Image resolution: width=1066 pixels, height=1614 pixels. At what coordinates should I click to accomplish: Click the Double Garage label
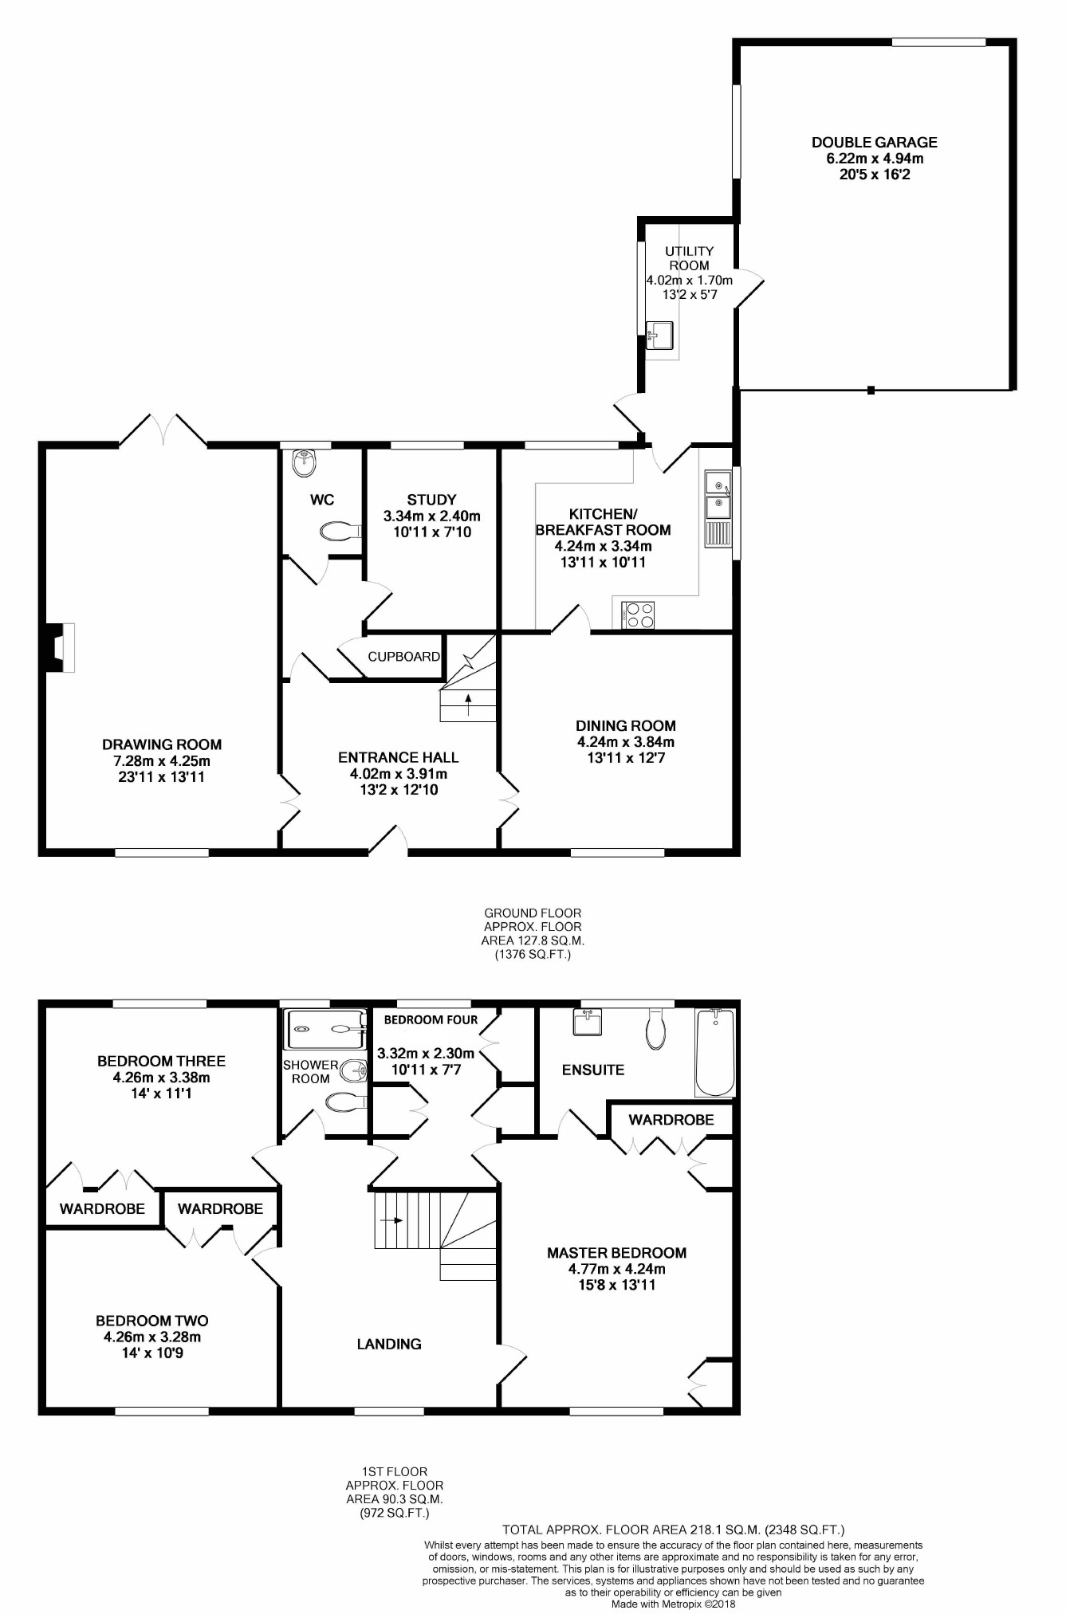coord(874,143)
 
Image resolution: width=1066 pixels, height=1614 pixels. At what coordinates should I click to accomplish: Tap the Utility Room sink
coord(660,334)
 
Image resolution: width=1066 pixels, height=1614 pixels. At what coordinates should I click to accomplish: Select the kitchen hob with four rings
coord(638,615)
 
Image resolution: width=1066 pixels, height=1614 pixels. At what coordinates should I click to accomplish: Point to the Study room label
coord(431,500)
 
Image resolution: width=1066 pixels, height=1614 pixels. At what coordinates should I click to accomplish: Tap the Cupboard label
coord(403,657)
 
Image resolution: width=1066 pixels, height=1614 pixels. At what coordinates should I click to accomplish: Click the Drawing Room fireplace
coord(61,646)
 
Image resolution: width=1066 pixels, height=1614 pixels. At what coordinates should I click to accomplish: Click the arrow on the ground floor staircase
coord(468,701)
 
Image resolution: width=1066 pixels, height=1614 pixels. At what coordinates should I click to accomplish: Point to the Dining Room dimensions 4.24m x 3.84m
coord(626,742)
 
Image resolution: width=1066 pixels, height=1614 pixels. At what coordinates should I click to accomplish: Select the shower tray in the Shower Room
coord(324,1029)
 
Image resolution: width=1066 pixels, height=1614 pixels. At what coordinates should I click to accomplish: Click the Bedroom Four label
coord(431,1019)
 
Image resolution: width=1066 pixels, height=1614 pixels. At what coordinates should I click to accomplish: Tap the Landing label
coord(389,1344)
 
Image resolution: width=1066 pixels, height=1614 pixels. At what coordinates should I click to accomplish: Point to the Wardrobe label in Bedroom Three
coord(102,1209)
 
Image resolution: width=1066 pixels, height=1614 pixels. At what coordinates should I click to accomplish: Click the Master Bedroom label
coord(616,1253)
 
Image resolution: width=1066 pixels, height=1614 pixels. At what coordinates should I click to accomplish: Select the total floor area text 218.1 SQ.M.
coord(673,1530)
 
